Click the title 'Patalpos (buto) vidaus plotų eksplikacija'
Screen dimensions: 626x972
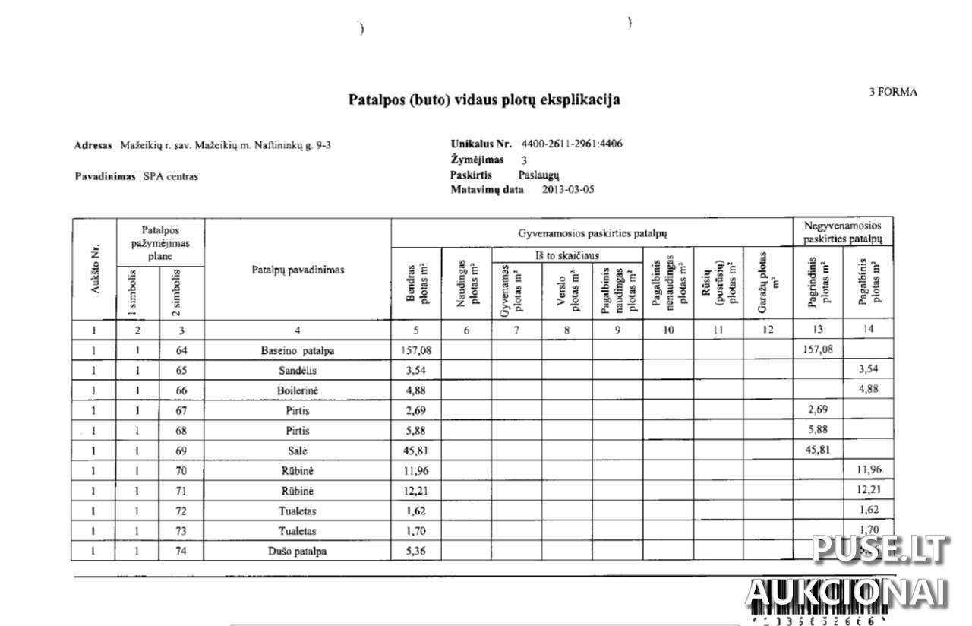tap(484, 100)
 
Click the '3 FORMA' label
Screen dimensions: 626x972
tap(893, 92)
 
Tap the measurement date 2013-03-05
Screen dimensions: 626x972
tap(568, 190)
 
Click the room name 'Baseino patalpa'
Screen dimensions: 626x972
tap(297, 350)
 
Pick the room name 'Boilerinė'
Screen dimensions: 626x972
tap(297, 390)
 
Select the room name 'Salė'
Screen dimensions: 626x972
tap(297, 451)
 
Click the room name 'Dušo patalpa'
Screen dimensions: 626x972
tap(297, 551)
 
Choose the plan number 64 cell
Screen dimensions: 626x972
tap(181, 350)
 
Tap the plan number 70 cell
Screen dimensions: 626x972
tap(181, 471)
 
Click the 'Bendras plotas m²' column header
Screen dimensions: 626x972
tap(416, 283)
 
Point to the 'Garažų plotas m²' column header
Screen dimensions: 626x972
tap(767, 283)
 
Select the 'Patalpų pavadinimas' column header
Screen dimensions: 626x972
tap(298, 270)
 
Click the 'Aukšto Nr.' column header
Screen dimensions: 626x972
tap(93, 270)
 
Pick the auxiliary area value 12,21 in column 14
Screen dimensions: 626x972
tap(868, 491)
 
